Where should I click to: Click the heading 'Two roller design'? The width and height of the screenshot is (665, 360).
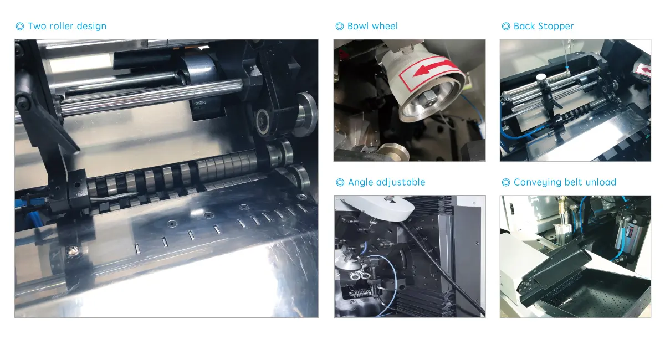67,26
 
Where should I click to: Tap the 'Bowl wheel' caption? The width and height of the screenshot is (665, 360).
372,26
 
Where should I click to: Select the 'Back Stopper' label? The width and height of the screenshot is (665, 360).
543,26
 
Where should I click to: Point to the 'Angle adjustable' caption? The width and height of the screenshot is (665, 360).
386,182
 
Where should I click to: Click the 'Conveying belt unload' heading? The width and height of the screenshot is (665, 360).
565,182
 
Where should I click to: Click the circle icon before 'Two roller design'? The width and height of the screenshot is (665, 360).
20,27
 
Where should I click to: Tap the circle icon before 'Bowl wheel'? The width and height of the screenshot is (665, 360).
339,27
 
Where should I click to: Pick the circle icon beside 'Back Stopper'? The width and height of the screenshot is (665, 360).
505,27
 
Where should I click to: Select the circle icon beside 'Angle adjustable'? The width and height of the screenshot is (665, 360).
340,182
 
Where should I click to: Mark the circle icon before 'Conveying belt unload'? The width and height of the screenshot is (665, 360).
505,182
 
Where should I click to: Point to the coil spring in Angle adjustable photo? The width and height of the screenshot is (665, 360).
360,294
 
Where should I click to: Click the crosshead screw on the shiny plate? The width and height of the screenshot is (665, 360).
71,251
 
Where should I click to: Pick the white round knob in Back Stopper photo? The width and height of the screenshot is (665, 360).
541,77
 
